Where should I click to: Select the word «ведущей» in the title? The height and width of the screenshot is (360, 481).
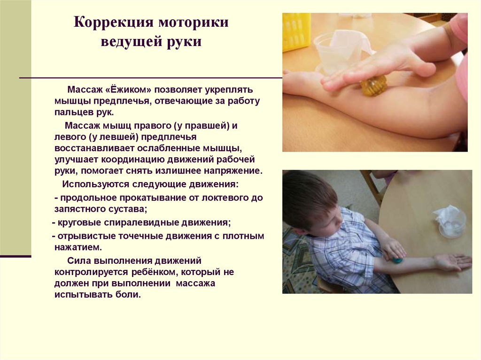coord(127,42)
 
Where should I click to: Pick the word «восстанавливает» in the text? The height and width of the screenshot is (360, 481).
coord(90,148)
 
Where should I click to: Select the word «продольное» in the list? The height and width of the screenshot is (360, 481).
coord(85,198)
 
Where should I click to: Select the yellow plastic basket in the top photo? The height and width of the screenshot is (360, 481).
coord(296,31)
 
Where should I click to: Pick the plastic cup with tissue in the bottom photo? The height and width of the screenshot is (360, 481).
coord(450,221)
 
